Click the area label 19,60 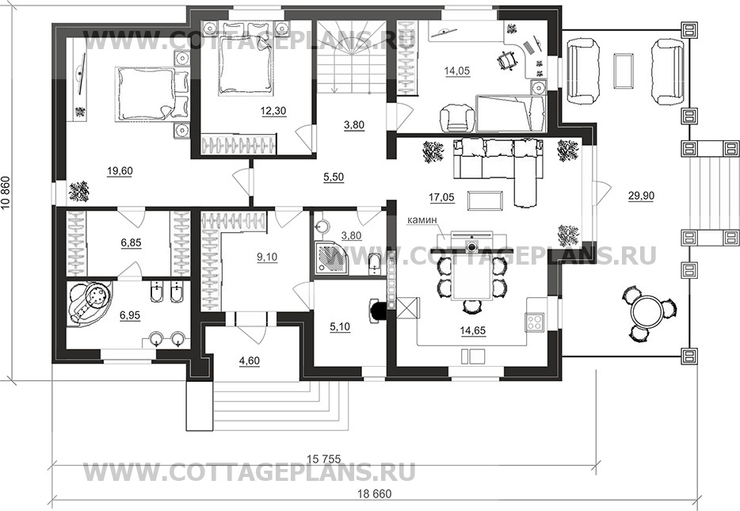pyautogui.click(x=120, y=171)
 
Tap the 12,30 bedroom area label pyautogui.click(x=273, y=111)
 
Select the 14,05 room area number pyautogui.click(x=457, y=71)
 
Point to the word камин pyautogui.click(x=423, y=220)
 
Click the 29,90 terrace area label pyautogui.click(x=641, y=196)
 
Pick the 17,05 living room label pyautogui.click(x=442, y=196)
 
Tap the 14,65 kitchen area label pyautogui.click(x=473, y=330)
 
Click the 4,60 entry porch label pyautogui.click(x=250, y=361)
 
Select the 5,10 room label pyautogui.click(x=339, y=326)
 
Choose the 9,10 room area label pyautogui.click(x=268, y=257)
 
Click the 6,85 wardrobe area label pyautogui.click(x=131, y=242)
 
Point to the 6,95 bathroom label pyautogui.click(x=130, y=315)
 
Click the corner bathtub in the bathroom pyautogui.click(x=90, y=303)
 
